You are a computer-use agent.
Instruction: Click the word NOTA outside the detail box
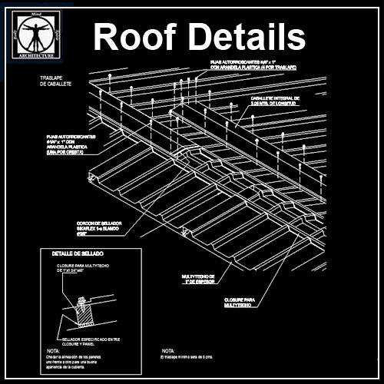(159, 349)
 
